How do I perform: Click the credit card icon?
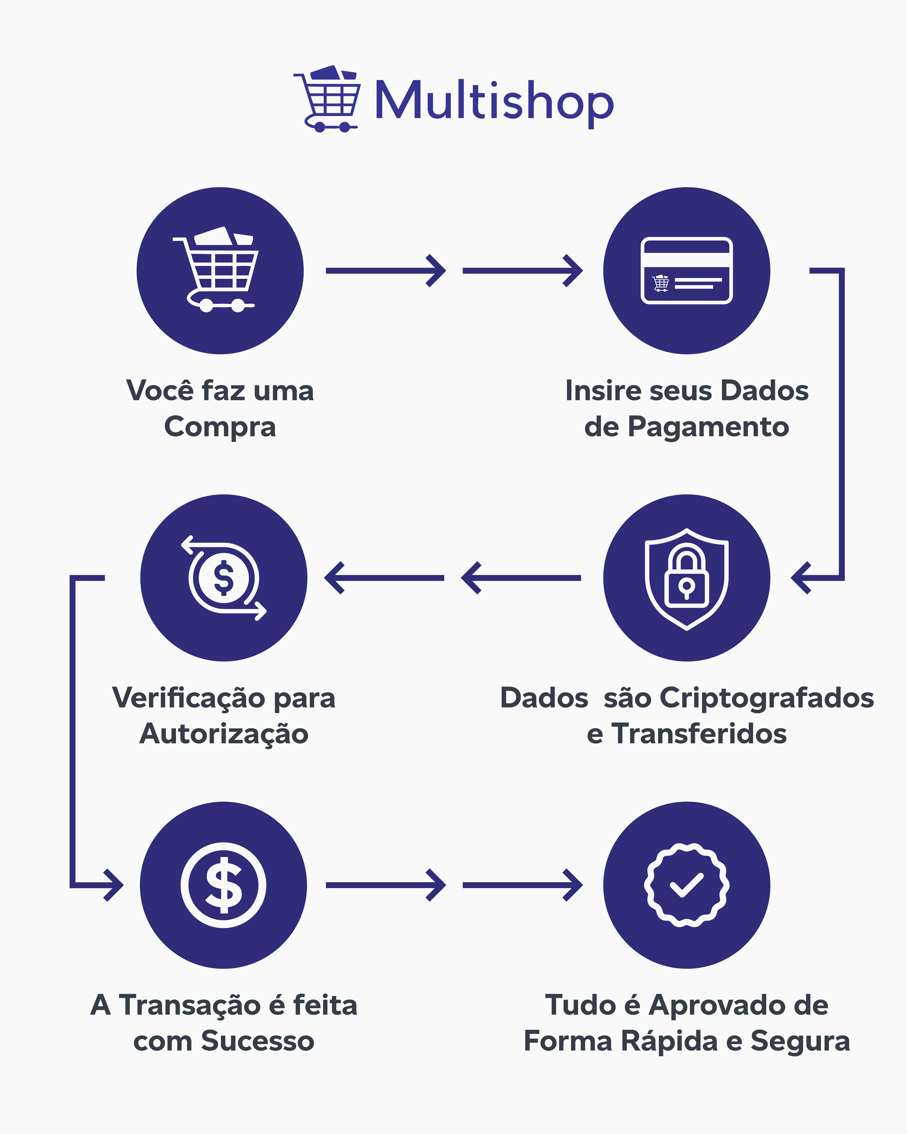(x=686, y=270)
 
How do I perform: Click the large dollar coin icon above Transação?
(x=224, y=885)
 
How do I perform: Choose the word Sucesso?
(x=258, y=1041)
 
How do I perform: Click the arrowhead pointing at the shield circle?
(x=800, y=578)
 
